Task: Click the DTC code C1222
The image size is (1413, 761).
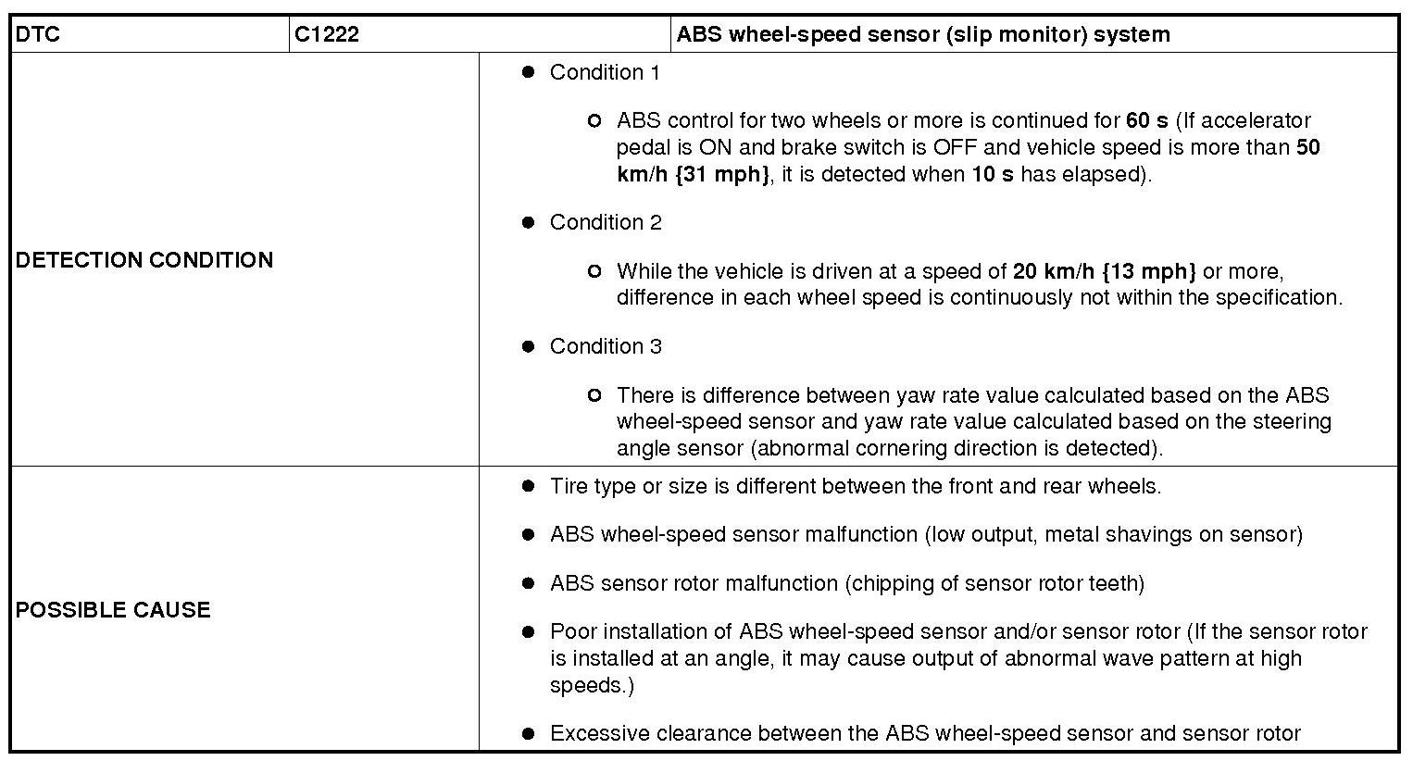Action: (x=327, y=35)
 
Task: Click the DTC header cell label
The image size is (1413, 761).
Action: (x=38, y=35)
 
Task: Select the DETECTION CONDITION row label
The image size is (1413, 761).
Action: (x=144, y=260)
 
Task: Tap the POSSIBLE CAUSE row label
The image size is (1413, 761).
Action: (x=113, y=610)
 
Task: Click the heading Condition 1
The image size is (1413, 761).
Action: (x=605, y=72)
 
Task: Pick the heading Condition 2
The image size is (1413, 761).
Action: (x=606, y=222)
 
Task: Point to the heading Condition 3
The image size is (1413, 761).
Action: (x=606, y=346)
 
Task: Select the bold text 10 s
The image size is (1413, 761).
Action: (x=992, y=174)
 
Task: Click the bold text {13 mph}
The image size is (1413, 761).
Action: (x=1149, y=271)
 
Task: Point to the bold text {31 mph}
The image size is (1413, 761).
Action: (x=722, y=174)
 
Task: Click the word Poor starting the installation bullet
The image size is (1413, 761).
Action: (x=570, y=631)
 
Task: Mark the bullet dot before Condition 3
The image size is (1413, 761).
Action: (x=529, y=346)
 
